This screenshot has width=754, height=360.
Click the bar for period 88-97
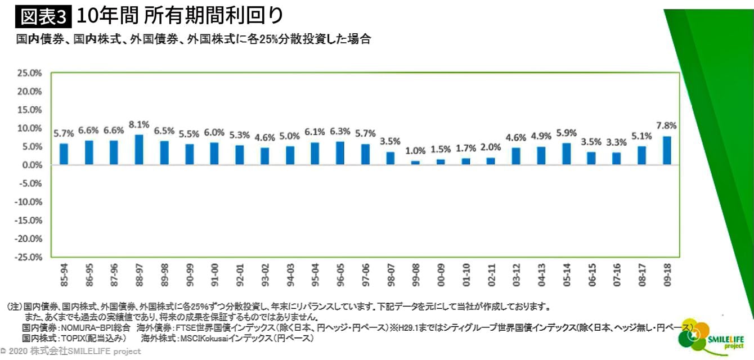coord(139,150)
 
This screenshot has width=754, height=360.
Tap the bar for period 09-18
coord(667,150)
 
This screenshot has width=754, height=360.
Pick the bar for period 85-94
coord(64,154)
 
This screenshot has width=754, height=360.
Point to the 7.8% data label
coord(667,125)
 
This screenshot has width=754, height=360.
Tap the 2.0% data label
coord(491,148)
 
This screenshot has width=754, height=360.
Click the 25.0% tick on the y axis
coord(30,73)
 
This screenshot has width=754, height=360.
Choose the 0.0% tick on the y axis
coord(32,165)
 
